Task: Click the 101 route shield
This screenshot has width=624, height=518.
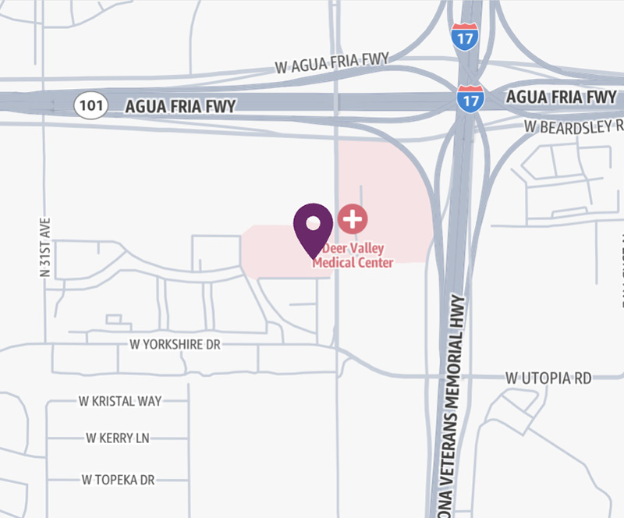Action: point(91,105)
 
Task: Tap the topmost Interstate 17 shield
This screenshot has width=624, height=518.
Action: point(464,37)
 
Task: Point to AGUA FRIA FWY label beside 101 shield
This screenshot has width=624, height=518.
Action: point(180,106)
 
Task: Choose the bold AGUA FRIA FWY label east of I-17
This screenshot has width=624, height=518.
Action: point(561,98)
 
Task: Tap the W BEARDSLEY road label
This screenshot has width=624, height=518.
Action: point(574,125)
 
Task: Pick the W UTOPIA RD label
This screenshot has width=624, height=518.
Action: point(548,378)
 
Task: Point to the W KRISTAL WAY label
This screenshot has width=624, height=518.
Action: point(120,401)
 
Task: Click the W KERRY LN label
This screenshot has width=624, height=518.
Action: point(117,438)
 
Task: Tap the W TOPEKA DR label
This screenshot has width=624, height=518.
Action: point(118,479)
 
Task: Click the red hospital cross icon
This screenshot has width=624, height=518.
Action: point(353,218)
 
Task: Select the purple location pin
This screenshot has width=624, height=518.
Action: point(313,226)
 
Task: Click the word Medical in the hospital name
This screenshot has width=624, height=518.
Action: point(333,263)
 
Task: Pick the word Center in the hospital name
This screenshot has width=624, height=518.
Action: point(375,263)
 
